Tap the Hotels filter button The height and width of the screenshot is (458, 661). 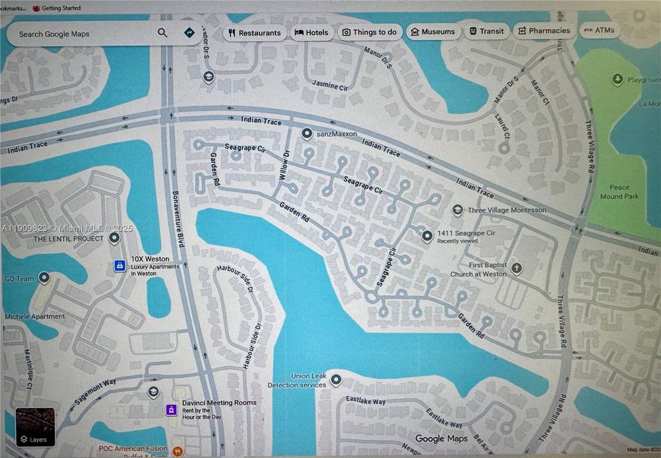tap(311, 32)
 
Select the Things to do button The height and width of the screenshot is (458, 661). tap(369, 32)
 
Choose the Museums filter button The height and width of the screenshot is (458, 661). tap(433, 32)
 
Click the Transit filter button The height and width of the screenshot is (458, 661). tap(486, 31)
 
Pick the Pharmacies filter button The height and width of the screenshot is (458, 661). tap(544, 31)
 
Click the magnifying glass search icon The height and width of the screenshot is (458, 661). tap(163, 33)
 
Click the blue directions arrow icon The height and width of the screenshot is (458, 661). tap(189, 32)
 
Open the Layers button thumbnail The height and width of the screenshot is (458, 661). tap(36, 427)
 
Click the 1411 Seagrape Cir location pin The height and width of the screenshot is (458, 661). tap(427, 236)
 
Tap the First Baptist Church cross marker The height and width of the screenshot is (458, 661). tap(516, 268)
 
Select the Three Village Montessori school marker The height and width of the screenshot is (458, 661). tap(457, 210)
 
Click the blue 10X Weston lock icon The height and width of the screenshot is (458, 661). tap(119, 266)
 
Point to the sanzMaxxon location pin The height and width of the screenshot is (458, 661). tap(307, 134)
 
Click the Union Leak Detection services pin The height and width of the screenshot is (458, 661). tap(336, 380)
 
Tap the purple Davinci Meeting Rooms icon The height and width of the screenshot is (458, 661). tap(171, 410)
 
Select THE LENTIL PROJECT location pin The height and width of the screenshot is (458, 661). tap(114, 239)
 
